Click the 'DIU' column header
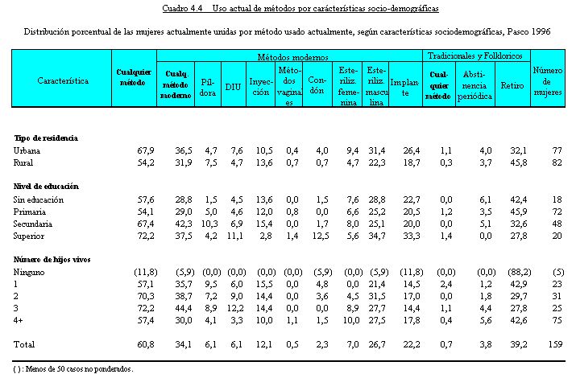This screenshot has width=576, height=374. pyautogui.click(x=233, y=87)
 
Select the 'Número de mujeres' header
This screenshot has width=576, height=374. pyautogui.click(x=547, y=81)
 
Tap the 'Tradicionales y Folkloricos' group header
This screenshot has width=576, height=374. pyautogui.click(x=474, y=56)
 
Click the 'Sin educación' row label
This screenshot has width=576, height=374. pyautogui.click(x=39, y=199)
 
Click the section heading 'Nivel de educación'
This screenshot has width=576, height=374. pyautogui.click(x=48, y=187)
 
